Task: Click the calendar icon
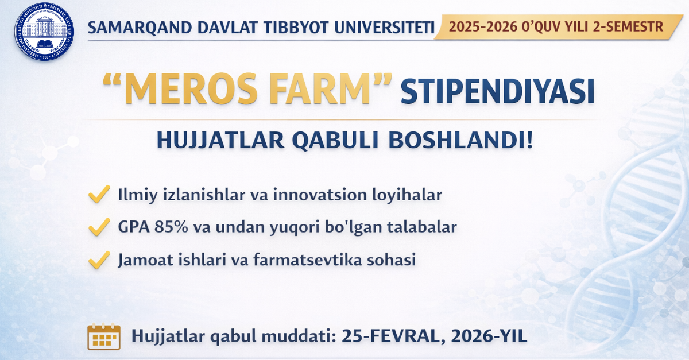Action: tap(103, 336)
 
